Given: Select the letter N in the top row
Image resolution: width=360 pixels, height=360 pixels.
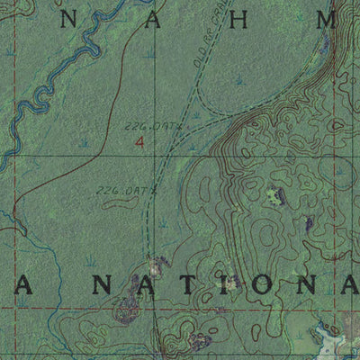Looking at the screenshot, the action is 67,20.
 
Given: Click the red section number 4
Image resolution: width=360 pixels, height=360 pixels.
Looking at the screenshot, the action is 139,142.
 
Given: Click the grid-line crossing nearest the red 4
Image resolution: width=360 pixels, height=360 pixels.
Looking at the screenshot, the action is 153,155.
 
